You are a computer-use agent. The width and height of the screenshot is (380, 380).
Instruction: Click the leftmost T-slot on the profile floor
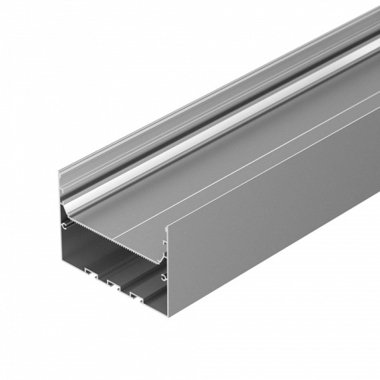point(89,271)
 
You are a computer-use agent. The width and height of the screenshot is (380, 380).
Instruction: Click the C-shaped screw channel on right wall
point(164,277)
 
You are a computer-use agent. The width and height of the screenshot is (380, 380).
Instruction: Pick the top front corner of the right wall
point(166,225)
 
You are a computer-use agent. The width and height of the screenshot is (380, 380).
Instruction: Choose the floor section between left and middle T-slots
point(100,277)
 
